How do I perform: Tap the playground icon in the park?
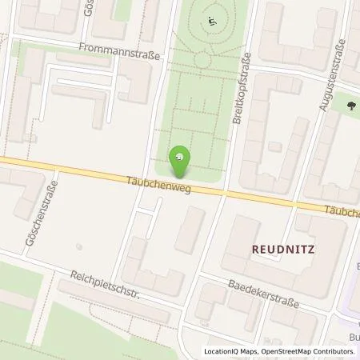[x=211, y=21]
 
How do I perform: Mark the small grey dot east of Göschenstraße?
[x=78, y=246]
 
